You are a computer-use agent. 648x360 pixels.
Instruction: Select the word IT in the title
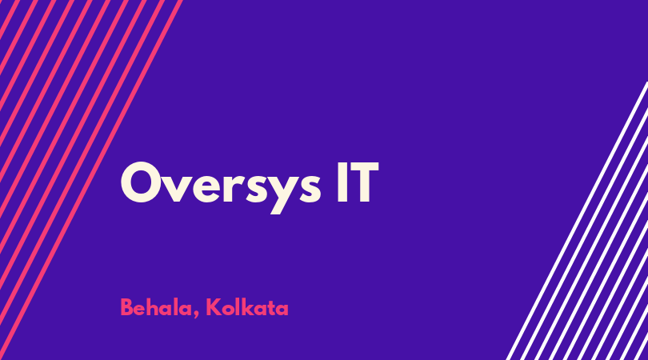[x=358, y=182]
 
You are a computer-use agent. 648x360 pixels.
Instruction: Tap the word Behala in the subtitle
[x=156, y=307]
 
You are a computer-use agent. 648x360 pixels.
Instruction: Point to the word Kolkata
[x=246, y=307]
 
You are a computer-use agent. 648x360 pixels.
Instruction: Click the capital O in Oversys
[x=141, y=182]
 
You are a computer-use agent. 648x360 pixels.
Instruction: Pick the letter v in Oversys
[x=177, y=188]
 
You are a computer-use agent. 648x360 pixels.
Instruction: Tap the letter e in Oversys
[x=206, y=188]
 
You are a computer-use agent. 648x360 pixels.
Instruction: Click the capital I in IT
[x=342, y=182]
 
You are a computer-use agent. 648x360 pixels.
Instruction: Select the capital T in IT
[x=364, y=182]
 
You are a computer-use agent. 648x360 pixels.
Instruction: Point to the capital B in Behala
[x=126, y=307]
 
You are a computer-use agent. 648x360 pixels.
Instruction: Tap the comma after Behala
[x=195, y=315]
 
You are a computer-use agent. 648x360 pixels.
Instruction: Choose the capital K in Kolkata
[x=213, y=307]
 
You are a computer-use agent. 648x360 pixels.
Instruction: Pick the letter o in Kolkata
[x=226, y=310]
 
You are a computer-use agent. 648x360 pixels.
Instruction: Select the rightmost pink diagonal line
[x=91, y=180]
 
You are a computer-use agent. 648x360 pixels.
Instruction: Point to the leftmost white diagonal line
[x=578, y=220]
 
